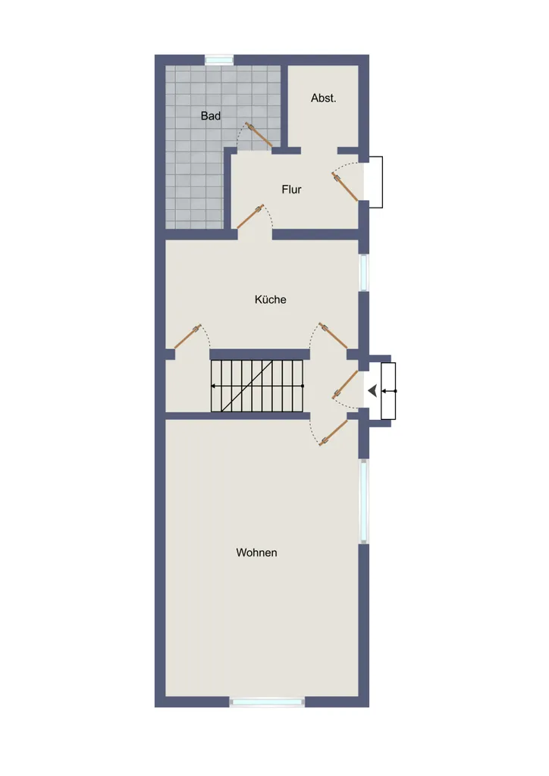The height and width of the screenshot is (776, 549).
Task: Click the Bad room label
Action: [210, 116]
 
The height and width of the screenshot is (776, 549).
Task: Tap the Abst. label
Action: [323, 98]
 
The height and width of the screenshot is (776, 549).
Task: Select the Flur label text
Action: [292, 189]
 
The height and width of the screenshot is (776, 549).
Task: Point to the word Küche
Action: [270, 299]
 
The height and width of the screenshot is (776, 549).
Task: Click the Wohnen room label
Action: [256, 552]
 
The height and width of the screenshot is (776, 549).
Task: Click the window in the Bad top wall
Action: [219, 60]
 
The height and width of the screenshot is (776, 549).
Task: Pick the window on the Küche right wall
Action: [364, 272]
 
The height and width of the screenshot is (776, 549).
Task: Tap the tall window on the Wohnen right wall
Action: [364, 502]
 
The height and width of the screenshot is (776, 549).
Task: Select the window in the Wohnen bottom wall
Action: [268, 702]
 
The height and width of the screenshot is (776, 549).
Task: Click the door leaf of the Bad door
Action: [259, 135]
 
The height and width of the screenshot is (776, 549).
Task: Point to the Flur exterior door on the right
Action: [344, 186]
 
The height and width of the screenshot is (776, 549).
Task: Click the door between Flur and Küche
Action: [250, 217]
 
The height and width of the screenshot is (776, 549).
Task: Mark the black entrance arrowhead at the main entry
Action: [372, 391]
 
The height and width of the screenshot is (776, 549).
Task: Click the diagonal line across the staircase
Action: [247, 386]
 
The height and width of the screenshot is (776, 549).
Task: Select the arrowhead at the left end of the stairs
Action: [213, 386]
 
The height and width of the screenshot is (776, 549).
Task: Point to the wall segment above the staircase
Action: [260, 355]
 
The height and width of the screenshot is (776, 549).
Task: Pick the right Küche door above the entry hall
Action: [333, 336]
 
